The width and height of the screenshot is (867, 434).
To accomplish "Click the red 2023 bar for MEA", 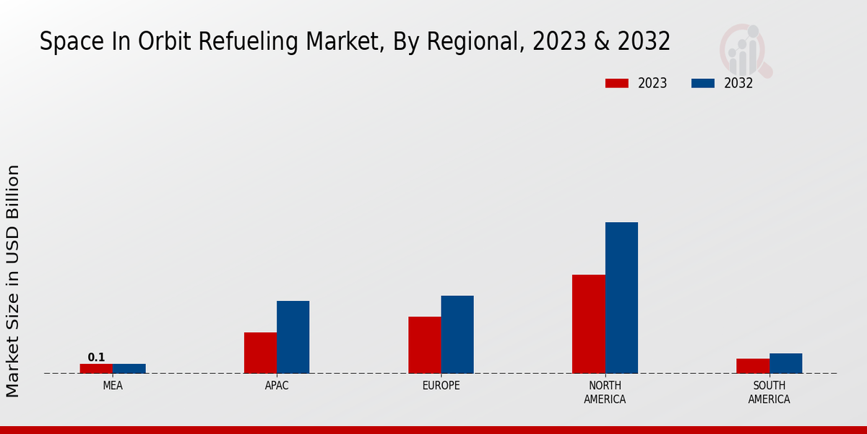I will pos(96,368).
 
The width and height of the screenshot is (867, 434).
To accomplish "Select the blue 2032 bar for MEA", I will pos(129,368).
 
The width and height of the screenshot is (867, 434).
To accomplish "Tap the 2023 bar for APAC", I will pos(260,353).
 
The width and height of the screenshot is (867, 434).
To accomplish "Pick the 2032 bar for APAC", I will pos(293,337).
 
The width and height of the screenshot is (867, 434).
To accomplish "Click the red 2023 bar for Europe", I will pos(424,345).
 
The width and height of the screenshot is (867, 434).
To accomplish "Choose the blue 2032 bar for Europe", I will pos(457,334).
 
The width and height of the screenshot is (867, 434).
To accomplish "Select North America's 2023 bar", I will pos(588,324).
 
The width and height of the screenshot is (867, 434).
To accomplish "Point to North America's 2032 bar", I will pos(621,297).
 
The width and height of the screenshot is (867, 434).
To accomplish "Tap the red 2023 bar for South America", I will pos(752,366).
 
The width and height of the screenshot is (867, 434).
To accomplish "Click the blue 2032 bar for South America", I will pos(785,363).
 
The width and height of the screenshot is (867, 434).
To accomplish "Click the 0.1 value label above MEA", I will pos(96,357).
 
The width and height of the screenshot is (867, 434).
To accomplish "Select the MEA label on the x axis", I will pos(113,386).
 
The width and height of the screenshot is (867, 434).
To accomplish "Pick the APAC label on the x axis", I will pos(277,386).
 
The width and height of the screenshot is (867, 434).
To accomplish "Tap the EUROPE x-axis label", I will pos(441,386).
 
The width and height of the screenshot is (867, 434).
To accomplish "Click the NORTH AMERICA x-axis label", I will pos(605,392).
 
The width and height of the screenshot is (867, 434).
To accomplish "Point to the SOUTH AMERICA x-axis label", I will pos(769,392).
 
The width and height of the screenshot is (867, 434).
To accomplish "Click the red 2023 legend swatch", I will pos(617,83).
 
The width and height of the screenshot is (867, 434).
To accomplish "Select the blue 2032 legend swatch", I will pos(703,83).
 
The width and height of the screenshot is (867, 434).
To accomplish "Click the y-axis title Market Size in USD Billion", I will pos(13,281).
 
